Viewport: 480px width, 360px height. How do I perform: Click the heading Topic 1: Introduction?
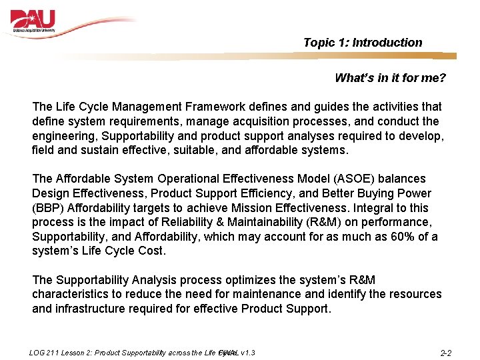pos(362,43)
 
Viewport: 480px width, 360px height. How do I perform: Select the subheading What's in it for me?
pos(390,78)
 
